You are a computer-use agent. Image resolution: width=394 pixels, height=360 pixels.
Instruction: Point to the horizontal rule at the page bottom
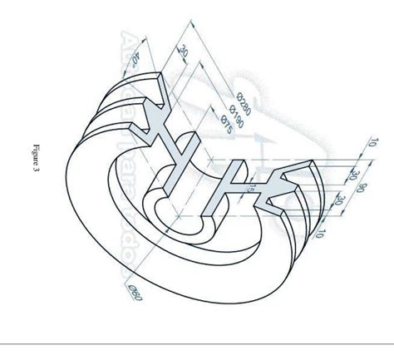tap(197, 343)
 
